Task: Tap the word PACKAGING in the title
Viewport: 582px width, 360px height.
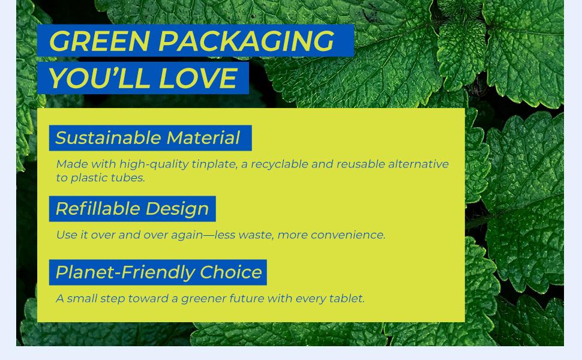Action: [x=247, y=41]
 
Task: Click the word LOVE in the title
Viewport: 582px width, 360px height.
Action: [x=197, y=79]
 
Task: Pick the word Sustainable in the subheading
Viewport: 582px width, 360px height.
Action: [x=108, y=137]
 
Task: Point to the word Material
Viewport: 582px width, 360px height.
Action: [x=203, y=137]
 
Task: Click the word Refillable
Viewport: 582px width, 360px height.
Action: [x=98, y=209]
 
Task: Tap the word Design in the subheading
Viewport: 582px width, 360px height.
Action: [x=178, y=209]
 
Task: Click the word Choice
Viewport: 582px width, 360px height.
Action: [x=231, y=272]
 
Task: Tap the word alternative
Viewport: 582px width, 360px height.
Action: [x=418, y=164]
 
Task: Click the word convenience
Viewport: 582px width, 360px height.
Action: [x=348, y=235]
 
